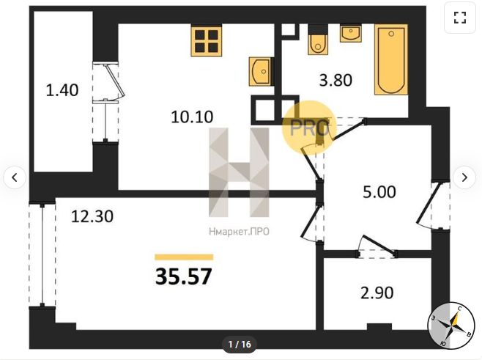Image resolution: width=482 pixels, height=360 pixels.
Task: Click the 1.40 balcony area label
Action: point(62,90)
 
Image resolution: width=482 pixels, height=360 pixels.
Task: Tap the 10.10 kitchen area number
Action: point(192,117)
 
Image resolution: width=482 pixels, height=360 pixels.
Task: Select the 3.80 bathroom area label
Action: point(335,81)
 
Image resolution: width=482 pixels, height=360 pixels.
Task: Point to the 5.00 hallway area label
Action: point(379,192)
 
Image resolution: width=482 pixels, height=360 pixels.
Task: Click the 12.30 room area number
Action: point(92,216)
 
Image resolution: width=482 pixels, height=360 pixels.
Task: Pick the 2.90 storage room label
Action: point(377,293)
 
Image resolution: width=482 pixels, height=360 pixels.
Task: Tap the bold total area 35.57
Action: point(184,276)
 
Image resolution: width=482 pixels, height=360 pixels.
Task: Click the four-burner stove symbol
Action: point(207,40)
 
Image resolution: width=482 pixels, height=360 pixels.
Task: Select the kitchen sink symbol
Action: point(260,71)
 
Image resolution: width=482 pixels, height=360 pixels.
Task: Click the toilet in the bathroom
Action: point(318,40)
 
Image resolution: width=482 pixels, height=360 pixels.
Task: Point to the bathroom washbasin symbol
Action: point(350,34)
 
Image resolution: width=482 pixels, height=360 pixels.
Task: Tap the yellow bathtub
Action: point(391,59)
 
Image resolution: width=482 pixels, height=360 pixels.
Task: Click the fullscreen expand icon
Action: point(460,18)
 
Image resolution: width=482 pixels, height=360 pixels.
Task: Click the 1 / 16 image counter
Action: point(240,344)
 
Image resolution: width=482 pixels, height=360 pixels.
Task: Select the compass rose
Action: point(451,326)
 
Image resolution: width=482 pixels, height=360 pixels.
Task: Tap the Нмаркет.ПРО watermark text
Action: point(239,232)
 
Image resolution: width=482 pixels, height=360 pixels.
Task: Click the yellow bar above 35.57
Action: point(184,257)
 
